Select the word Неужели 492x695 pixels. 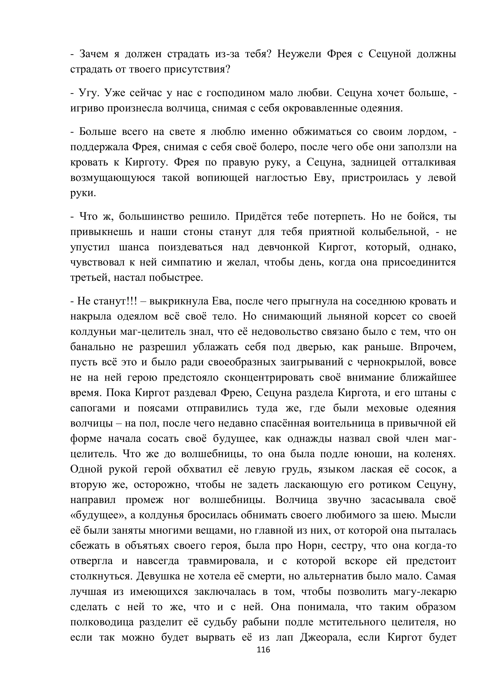(x=299, y=54)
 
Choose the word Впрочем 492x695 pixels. (x=433, y=347)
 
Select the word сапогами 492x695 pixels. (x=93, y=408)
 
